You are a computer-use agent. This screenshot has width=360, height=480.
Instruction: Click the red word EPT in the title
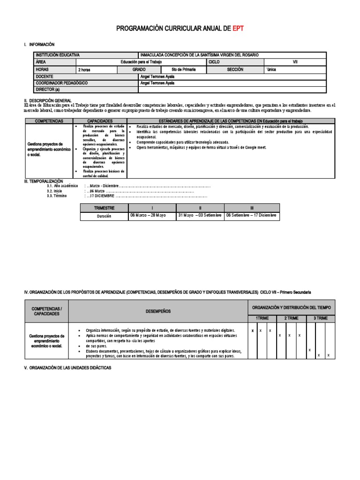(237, 29)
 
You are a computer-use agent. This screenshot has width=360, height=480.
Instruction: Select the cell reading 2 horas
(85, 69)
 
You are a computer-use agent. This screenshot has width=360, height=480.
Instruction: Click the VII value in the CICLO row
(295, 61)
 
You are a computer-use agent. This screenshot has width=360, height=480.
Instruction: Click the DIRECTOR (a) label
(48, 90)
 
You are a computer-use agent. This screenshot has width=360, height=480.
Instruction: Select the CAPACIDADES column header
(100, 121)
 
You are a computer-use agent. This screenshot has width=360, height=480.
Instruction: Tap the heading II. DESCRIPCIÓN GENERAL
(48, 100)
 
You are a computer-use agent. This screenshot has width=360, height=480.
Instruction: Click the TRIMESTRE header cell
(104, 208)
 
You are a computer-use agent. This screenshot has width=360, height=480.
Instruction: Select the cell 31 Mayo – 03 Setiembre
(200, 216)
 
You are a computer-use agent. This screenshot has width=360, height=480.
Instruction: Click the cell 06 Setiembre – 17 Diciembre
(251, 216)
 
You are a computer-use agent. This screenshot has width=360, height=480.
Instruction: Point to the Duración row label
(104, 216)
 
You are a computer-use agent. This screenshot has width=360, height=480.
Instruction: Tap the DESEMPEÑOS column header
(157, 311)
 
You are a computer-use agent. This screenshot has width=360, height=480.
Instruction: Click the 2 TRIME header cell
(292, 318)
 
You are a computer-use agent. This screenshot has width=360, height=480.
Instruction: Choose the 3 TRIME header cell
(321, 318)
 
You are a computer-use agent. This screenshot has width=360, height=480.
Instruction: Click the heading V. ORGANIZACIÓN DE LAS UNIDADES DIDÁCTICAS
(67, 368)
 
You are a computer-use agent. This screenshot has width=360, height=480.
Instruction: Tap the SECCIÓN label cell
(235, 69)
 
